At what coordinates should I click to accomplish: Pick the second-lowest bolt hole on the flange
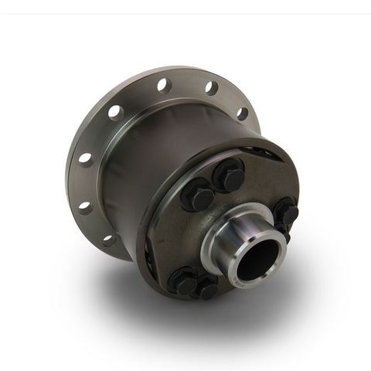tap(85, 207)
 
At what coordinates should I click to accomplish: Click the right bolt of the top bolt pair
tap(230, 177)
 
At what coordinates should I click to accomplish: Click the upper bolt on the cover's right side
tap(285, 211)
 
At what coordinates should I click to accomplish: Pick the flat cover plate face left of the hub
tap(174, 240)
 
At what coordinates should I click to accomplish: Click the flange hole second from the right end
tap(211, 87)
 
